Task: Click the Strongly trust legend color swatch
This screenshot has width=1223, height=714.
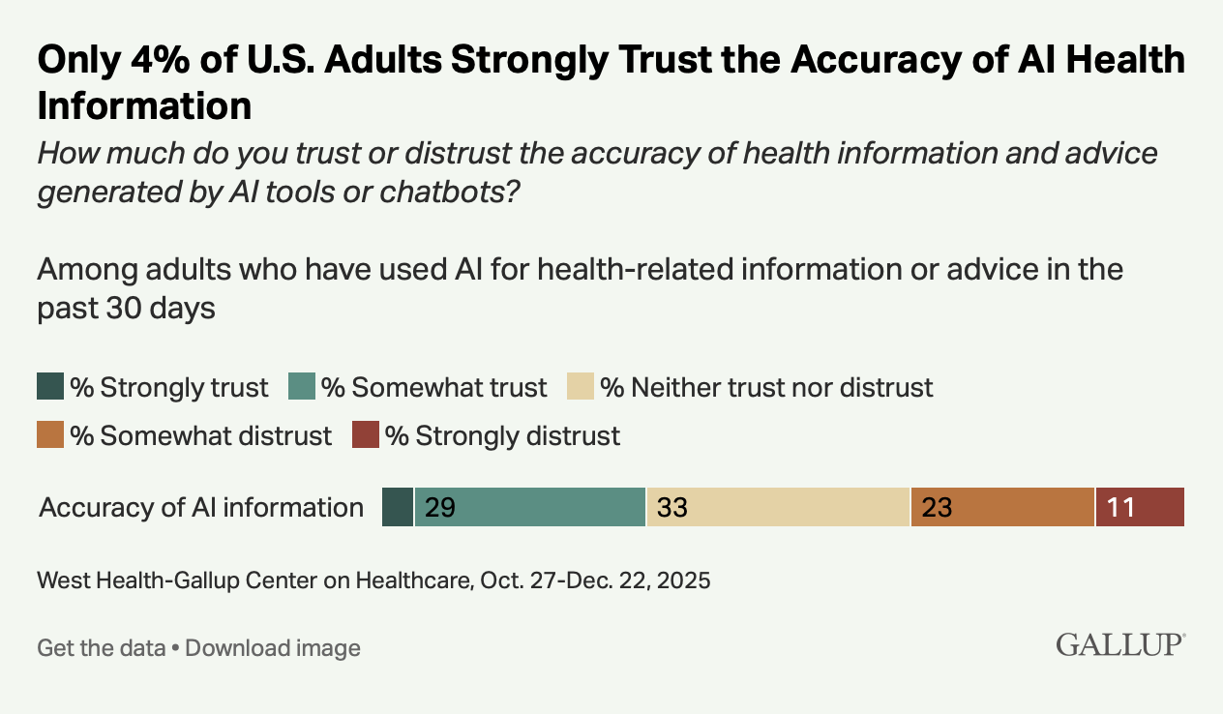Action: coord(50,388)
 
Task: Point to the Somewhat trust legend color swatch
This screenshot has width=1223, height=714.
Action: coord(302,388)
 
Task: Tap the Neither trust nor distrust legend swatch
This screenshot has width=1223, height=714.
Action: coord(581,388)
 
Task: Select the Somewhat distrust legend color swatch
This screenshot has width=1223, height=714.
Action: coord(50,435)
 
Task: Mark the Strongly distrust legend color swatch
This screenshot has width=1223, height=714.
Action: coord(366,435)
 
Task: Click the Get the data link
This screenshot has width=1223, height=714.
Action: coord(101,647)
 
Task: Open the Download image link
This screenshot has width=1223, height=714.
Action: coord(273,647)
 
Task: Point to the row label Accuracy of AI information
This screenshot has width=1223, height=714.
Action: coord(201,508)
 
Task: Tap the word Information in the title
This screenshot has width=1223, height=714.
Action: coord(144,105)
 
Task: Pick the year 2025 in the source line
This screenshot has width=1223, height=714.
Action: coord(682,580)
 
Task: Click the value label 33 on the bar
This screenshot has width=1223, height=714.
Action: coord(672,508)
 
